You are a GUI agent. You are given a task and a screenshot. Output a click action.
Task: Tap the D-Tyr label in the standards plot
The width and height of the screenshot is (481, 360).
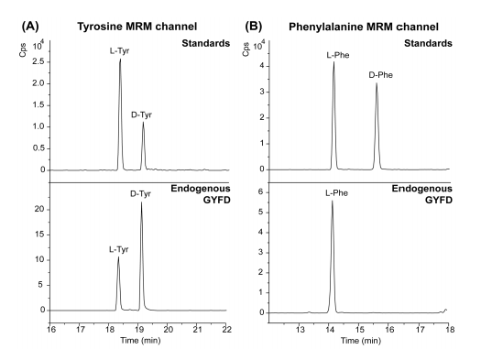pyautogui.click(x=143, y=113)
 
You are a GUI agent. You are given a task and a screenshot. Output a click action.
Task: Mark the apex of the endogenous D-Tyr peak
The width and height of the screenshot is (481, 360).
pyautogui.click(x=141, y=202)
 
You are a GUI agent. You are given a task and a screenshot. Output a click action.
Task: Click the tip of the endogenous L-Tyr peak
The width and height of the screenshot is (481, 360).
pyautogui.click(x=118, y=257)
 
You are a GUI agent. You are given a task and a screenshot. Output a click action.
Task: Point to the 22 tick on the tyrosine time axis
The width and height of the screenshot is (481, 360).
pyautogui.click(x=227, y=327)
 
